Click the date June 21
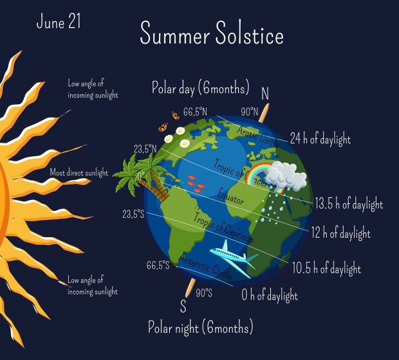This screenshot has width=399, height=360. pos(59,21)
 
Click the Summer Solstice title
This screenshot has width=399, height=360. pos(212,33)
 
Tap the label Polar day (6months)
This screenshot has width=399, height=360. pos(201,88)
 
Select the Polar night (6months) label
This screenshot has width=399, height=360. pos(201,327)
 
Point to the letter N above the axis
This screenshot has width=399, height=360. pos(265,93)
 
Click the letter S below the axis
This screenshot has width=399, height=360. pos(183,306)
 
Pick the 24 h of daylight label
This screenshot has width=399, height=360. pos(320,139)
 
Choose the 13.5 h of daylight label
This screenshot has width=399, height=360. pos(349,204)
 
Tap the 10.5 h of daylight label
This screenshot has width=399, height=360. pos(326,268)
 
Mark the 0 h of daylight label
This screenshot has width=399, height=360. pos(270,295)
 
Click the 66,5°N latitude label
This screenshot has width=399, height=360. pos(195,112)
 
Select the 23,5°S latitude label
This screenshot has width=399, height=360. pos(133,214)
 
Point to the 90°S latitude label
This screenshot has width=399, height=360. pos(204,293)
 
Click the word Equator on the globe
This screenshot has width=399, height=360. pos(231,197)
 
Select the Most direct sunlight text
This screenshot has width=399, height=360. pos(79,173)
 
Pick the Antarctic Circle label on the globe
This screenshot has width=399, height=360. pos(205,267)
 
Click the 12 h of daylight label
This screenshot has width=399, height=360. pos(341,233)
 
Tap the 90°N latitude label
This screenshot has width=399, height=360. pos(250,112)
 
